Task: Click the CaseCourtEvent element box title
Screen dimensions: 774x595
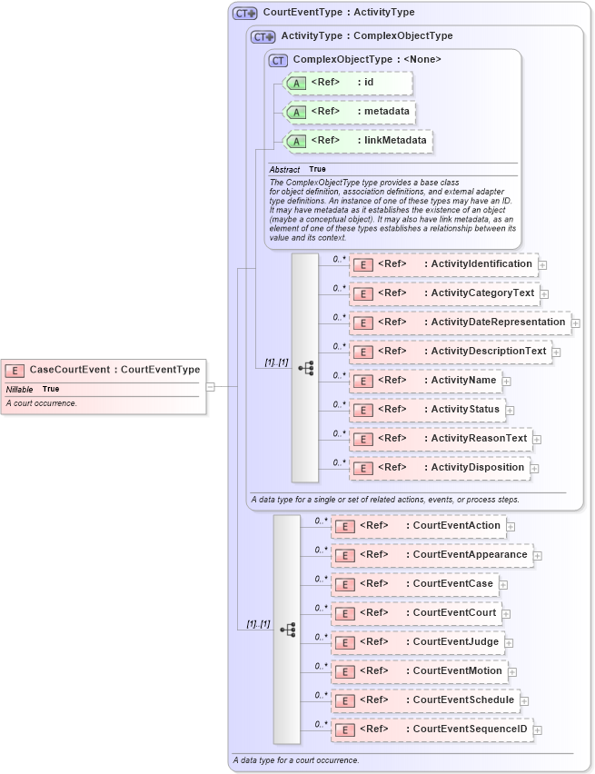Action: tap(114, 370)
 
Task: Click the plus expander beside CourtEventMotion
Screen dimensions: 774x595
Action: tap(512, 672)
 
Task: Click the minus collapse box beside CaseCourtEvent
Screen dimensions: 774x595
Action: tap(211, 385)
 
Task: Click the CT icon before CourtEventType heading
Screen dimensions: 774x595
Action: tap(244, 14)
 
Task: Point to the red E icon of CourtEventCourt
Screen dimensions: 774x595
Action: tap(343, 614)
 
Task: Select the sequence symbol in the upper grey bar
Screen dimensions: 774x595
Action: tap(305, 368)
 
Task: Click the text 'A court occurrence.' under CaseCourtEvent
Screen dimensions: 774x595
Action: tap(41, 403)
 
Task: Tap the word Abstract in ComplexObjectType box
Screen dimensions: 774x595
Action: tap(284, 170)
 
